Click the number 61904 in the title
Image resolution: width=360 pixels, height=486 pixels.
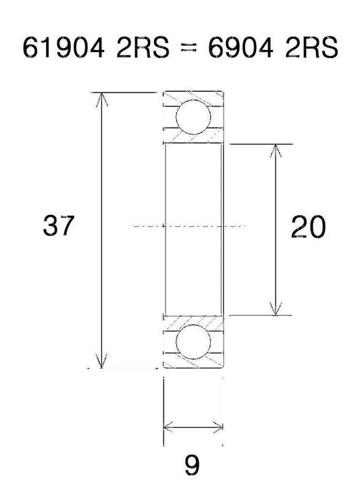click(63, 47)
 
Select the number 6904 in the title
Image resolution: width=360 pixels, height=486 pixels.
click(240, 47)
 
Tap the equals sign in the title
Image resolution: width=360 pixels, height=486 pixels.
click(189, 48)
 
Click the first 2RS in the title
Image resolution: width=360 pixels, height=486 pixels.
click(143, 47)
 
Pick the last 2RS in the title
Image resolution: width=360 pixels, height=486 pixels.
click(311, 47)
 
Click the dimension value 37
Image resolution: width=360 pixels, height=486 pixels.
click(59, 225)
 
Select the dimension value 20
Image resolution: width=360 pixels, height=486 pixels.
click(308, 227)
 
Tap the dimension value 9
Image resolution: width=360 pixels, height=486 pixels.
click(192, 465)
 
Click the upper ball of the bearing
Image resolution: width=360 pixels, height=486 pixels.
click(193, 117)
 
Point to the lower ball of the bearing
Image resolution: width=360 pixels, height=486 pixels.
click(193, 342)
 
